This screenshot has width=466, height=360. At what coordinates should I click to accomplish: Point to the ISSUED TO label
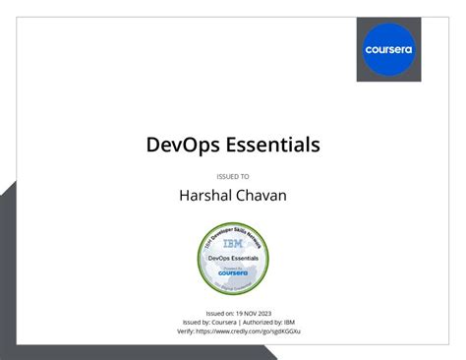(x=233, y=176)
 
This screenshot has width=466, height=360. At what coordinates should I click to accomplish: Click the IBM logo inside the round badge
(x=233, y=242)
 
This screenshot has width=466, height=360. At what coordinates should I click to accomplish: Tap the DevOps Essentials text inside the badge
(x=233, y=256)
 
